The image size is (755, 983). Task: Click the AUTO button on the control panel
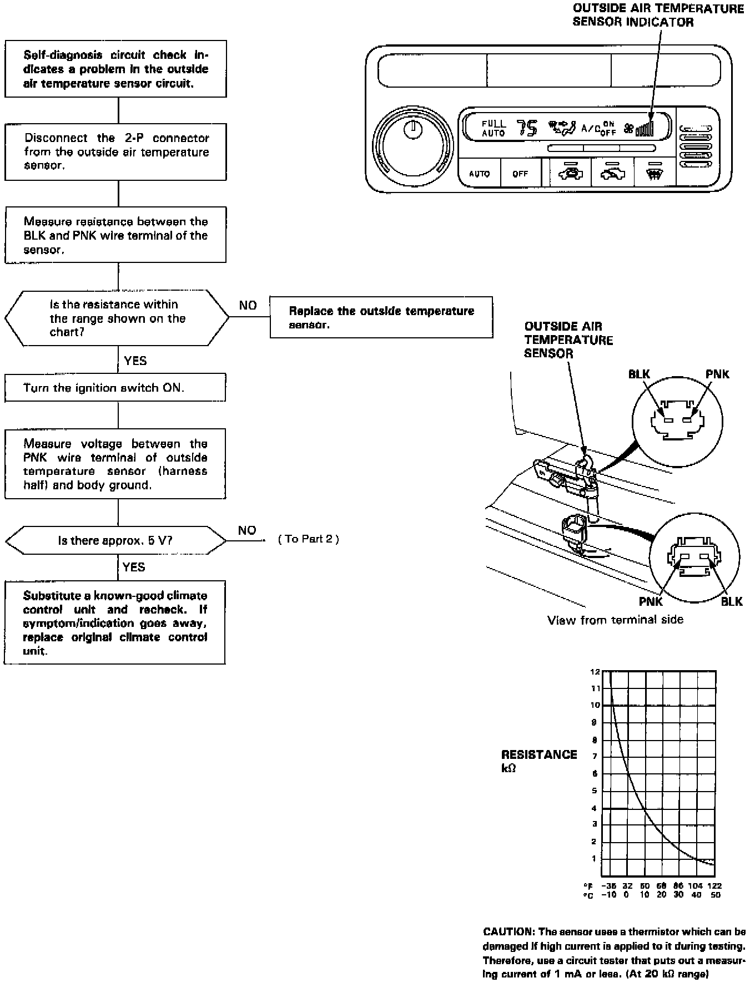pyautogui.click(x=479, y=174)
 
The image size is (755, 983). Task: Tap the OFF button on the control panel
pyautogui.click(x=520, y=174)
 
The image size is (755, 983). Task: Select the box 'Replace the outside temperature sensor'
pyautogui.click(x=381, y=317)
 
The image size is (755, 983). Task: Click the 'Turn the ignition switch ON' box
pyautogui.click(x=115, y=388)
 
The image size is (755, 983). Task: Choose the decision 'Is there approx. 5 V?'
pyautogui.click(x=115, y=540)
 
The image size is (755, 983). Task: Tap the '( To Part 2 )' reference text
pyautogui.click(x=309, y=539)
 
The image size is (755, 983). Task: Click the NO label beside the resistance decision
pyautogui.click(x=248, y=306)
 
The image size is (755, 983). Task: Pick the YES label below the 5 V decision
pyautogui.click(x=134, y=567)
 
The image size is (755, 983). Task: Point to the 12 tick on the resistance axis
pyautogui.click(x=595, y=672)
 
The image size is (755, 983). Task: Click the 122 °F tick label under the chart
pyautogui.click(x=714, y=886)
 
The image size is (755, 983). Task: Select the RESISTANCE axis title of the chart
pyautogui.click(x=539, y=754)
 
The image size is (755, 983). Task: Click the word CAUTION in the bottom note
pyautogui.click(x=507, y=932)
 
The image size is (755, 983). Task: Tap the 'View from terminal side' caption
pyautogui.click(x=615, y=620)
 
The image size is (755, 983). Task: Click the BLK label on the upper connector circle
pyautogui.click(x=639, y=374)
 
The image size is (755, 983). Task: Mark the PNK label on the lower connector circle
pyautogui.click(x=650, y=601)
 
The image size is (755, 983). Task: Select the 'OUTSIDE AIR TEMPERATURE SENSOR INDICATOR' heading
pyautogui.click(x=658, y=16)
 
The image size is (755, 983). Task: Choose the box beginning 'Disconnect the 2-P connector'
pyautogui.click(x=115, y=152)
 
